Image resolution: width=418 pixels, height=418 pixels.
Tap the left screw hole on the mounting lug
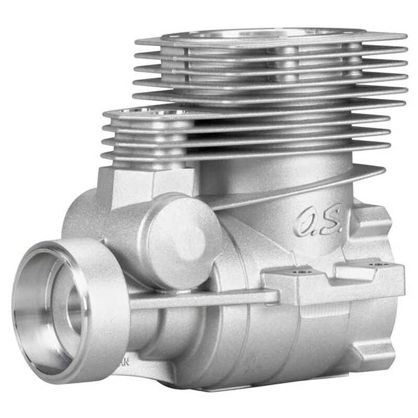point(300,272)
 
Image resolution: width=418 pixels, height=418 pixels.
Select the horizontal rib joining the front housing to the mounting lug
point(204,299)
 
